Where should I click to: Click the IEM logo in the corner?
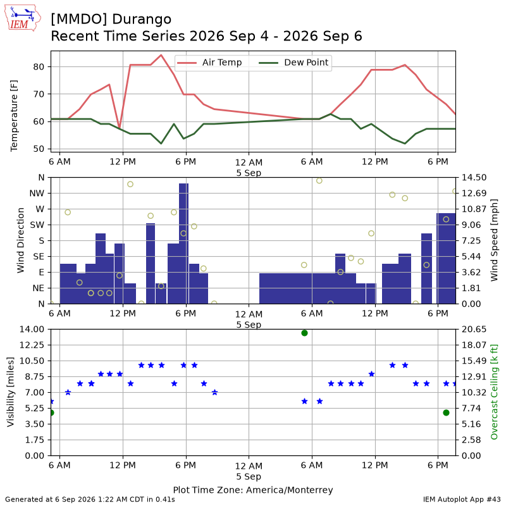23,18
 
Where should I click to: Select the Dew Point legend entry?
293,63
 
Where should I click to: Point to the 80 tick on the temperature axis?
39,67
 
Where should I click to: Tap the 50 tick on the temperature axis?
39,149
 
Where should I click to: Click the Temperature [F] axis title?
14,116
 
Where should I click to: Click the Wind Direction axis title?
21,240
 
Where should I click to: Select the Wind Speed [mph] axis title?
494,240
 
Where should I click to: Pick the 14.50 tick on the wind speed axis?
474,178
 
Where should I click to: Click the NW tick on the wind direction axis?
37,194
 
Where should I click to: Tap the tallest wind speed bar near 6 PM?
183,244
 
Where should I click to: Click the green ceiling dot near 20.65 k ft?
304,333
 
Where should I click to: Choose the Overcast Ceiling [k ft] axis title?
494,392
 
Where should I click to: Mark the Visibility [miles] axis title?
11,392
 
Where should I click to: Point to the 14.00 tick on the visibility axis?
32,329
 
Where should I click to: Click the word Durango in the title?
142,20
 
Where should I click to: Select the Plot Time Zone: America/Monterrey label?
253,490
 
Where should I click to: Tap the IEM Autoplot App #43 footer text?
462,500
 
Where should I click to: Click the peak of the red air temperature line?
161,55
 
